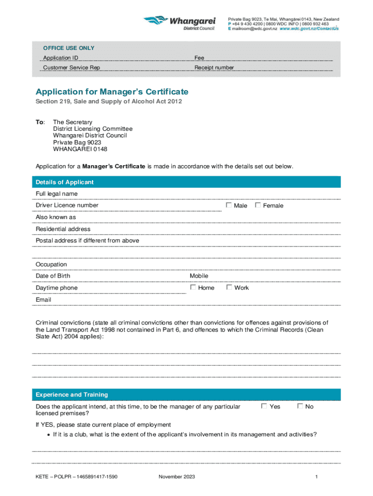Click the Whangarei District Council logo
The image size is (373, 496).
(179, 22)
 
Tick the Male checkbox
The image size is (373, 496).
(229, 205)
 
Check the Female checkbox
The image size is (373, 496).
(258, 205)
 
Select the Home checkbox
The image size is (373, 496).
(193, 287)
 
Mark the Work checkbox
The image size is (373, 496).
(229, 287)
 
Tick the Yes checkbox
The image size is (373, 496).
(264, 406)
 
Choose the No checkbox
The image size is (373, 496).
(300, 406)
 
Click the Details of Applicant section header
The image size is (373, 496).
(64, 182)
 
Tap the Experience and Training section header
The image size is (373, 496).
(72, 395)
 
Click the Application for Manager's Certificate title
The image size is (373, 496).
(112, 92)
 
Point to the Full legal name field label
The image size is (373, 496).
(57, 194)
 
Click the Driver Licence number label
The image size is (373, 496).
(67, 205)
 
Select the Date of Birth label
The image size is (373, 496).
(53, 276)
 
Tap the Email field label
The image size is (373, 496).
(44, 300)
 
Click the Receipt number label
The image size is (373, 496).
(214, 68)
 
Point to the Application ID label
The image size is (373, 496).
(61, 58)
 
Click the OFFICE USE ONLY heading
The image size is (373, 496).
(69, 48)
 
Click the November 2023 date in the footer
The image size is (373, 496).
(177, 477)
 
